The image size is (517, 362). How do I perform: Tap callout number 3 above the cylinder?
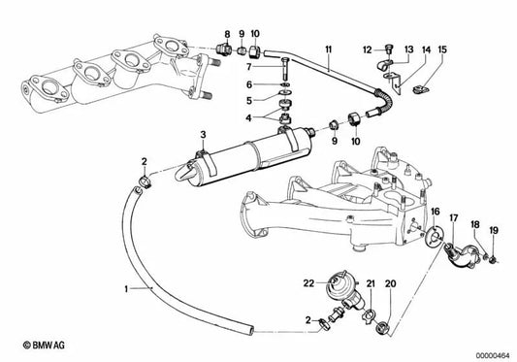point(203,133)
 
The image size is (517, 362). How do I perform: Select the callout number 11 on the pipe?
point(329,48)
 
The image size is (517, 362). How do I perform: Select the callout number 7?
point(248,67)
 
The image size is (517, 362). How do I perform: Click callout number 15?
point(442,49)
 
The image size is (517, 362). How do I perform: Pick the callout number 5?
point(248,101)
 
